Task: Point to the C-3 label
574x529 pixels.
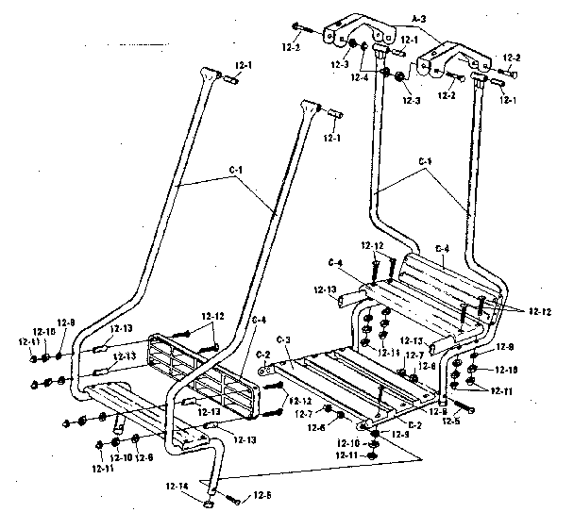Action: tap(284, 339)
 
